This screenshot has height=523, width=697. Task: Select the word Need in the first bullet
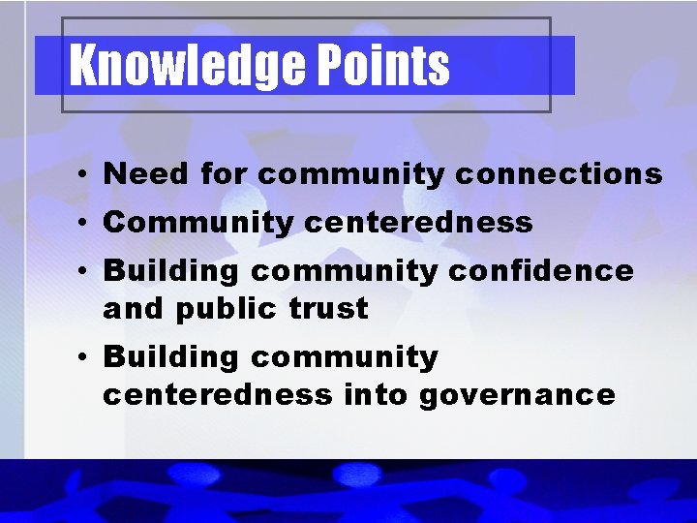[145, 174]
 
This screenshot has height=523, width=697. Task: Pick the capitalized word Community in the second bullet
[197, 223]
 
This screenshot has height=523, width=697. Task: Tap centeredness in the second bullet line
[418, 223]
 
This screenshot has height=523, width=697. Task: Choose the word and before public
[134, 309]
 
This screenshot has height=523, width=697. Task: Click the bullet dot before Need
[86, 176]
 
